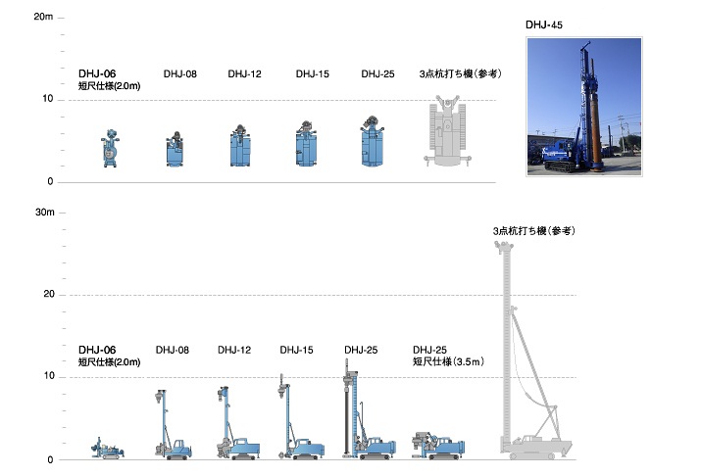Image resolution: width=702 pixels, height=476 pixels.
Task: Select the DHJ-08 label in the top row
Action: tap(179, 73)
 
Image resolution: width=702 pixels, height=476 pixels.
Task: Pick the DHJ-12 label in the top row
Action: tap(244, 73)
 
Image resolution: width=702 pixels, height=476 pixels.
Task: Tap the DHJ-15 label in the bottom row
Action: tap(296, 350)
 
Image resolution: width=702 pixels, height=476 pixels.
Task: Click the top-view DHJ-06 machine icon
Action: tap(110, 150)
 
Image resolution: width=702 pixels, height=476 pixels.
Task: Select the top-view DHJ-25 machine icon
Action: tap(374, 144)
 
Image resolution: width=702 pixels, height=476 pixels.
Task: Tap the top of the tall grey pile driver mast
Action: tap(504, 247)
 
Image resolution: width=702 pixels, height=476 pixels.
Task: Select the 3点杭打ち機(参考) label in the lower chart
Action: tap(533, 231)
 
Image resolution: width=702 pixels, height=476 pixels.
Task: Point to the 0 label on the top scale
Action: tap(49, 182)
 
